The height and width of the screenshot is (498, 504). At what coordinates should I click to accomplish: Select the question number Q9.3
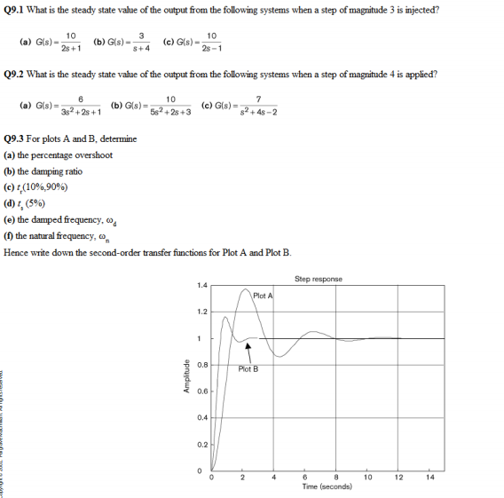pyautogui.click(x=20, y=139)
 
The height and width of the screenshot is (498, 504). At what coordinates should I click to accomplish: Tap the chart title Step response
pyautogui.click(x=318, y=279)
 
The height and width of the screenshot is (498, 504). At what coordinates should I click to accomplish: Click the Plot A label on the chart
pyautogui.click(x=264, y=295)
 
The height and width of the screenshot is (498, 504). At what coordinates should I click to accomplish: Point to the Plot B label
pyautogui.click(x=249, y=368)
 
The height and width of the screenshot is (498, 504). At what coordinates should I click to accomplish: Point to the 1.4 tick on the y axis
pyautogui.click(x=202, y=286)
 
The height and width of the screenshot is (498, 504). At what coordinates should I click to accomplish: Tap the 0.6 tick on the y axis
pyautogui.click(x=202, y=391)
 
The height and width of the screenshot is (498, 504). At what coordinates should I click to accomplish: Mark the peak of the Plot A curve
pyautogui.click(x=246, y=290)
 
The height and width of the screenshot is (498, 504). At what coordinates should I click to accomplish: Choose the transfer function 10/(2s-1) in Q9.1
pyautogui.click(x=211, y=42)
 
